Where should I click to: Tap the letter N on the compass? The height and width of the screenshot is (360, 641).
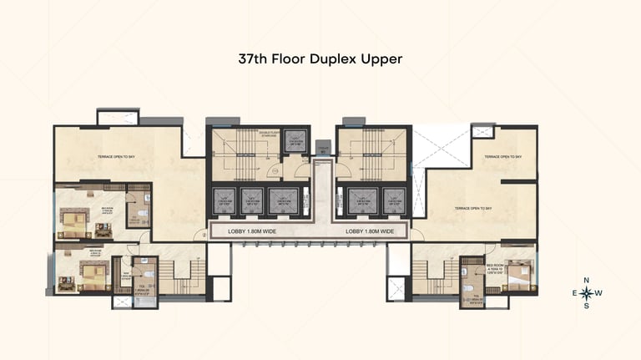point(586,281)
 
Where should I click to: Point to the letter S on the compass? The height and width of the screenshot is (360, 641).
point(586,306)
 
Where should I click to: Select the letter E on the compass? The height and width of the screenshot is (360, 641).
point(573,293)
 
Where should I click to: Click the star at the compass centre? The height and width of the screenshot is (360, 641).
point(586,293)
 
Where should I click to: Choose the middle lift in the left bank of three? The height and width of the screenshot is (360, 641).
point(251,201)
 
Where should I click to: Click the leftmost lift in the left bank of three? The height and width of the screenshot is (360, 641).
point(224,201)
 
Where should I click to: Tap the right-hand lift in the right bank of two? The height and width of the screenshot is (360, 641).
point(389,201)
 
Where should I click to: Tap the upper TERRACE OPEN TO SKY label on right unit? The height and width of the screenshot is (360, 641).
point(502,156)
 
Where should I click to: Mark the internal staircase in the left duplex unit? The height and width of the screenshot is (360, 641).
point(178,275)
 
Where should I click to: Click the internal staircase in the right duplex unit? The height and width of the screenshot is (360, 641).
point(434,275)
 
